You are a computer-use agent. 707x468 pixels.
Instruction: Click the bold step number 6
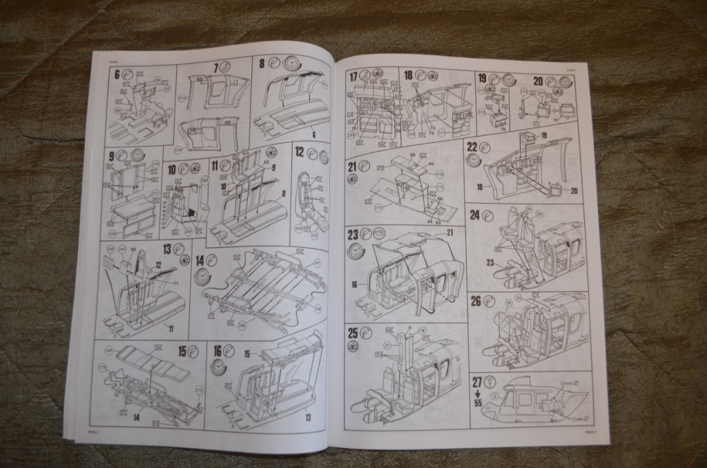pos(117,74)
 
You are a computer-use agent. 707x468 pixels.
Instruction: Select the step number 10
pos(172,168)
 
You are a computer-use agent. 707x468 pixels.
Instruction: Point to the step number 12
pos(300,151)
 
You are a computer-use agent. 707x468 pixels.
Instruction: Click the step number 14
pos(200,260)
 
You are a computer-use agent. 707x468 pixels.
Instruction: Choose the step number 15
pos(183,351)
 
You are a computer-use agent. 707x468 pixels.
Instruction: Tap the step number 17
pos(353,76)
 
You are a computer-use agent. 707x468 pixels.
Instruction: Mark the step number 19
pos(482,78)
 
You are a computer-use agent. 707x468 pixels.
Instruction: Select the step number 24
pos(474,214)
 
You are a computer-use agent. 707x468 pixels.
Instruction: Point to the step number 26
pos(475,300)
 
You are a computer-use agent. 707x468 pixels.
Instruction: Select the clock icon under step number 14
pos(202,276)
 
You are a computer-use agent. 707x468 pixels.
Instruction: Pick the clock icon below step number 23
pos(356,250)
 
